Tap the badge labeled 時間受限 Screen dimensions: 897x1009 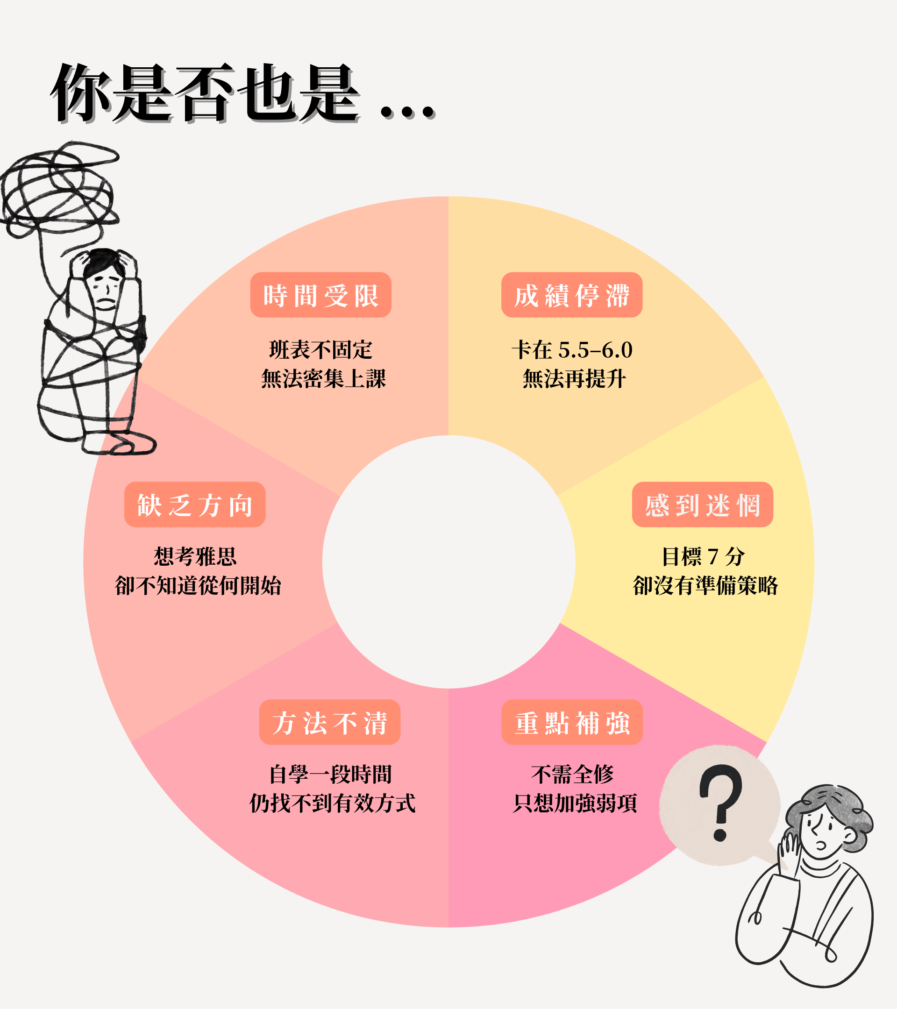320,295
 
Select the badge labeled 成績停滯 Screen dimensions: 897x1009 572,295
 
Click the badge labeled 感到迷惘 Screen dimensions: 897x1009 702,504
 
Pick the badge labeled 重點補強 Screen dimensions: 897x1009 572,722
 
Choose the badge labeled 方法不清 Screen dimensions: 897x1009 329,722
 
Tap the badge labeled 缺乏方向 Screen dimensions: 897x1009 194,504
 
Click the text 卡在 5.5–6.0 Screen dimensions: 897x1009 572,350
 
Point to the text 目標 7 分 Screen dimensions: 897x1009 703,556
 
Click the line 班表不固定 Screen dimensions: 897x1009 320,350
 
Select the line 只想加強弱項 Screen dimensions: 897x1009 575,803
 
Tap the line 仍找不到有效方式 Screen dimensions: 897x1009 332,803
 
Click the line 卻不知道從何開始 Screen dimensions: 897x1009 198,585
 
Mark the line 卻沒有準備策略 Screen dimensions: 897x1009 705,585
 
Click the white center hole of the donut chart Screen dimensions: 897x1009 448,562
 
